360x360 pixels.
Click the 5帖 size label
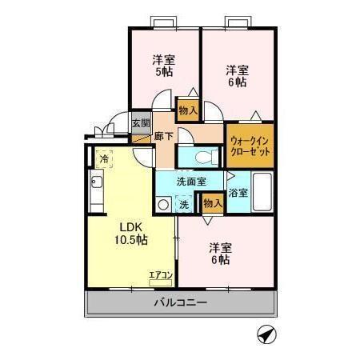point(164,72)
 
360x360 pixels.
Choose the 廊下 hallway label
point(163,137)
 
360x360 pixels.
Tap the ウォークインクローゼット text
point(250,145)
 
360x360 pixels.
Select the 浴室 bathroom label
point(238,193)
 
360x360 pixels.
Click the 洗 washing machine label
point(183,204)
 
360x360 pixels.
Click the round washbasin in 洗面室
point(163,204)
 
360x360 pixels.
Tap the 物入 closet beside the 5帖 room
point(188,110)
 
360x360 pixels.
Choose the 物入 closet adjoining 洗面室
point(212,204)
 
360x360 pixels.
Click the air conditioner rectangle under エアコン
point(161,281)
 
